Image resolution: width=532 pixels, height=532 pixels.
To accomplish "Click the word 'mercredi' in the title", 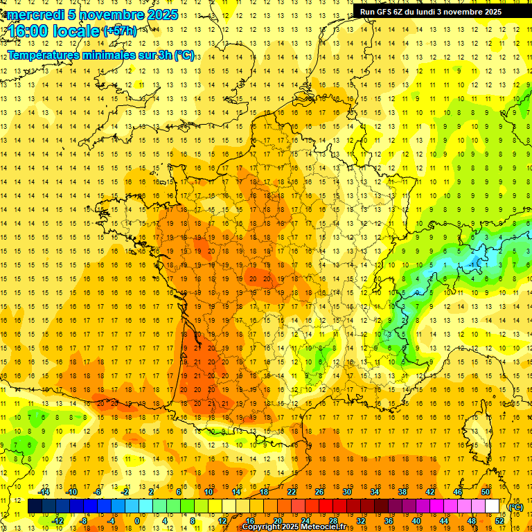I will click(33, 15).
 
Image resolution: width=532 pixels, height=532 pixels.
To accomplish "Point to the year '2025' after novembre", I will click(161, 15).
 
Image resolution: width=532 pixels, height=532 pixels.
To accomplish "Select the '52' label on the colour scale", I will click(499, 521).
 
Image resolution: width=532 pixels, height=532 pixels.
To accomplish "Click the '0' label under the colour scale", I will click(137, 521).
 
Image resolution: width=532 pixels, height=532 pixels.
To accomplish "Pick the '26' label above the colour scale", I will click(319, 491).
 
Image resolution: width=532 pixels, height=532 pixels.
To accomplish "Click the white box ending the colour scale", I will click(493, 506).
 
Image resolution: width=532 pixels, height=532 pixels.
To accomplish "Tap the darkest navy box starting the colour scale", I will click(35, 506).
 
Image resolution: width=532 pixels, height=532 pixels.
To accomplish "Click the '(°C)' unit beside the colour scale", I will click(516, 506).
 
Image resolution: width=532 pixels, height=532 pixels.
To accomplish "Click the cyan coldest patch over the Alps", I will click(475, 262).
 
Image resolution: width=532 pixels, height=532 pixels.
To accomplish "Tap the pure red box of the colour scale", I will click(326, 506).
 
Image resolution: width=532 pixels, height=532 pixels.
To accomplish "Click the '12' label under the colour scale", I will click(222, 521).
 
